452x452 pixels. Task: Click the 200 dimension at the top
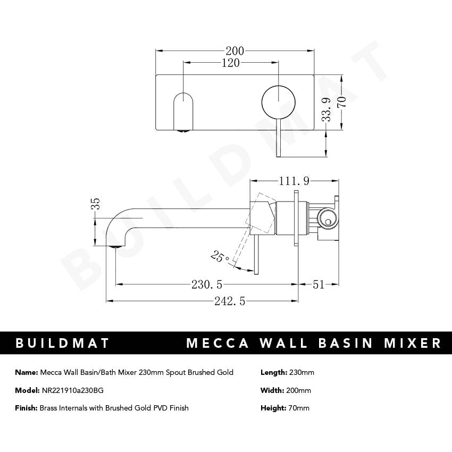pos(235,51)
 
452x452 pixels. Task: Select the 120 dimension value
pos(231,63)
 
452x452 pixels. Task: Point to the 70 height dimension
pos(343,102)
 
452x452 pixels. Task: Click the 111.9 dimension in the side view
pos(293,181)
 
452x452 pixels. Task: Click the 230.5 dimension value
pos(207,284)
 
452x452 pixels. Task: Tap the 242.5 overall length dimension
pos(230,301)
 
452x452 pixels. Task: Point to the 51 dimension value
pos(318,284)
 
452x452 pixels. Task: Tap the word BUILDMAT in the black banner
pos(62,343)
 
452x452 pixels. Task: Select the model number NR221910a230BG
pos(72,390)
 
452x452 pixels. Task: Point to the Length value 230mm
pos(302,372)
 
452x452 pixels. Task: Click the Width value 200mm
pos(299,390)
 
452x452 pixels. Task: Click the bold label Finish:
pos(26,408)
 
